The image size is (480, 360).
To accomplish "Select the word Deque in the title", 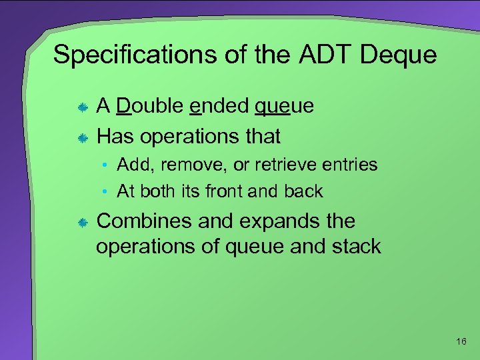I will [x=398, y=55].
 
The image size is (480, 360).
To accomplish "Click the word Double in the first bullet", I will [x=150, y=106].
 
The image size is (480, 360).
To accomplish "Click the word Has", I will [x=117, y=137].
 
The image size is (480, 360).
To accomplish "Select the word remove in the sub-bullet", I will [x=189, y=165].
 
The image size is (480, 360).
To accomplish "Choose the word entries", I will [x=349, y=165].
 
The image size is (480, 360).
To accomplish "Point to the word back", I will [x=303, y=192].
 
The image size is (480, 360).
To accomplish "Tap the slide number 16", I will [x=461, y=342].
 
